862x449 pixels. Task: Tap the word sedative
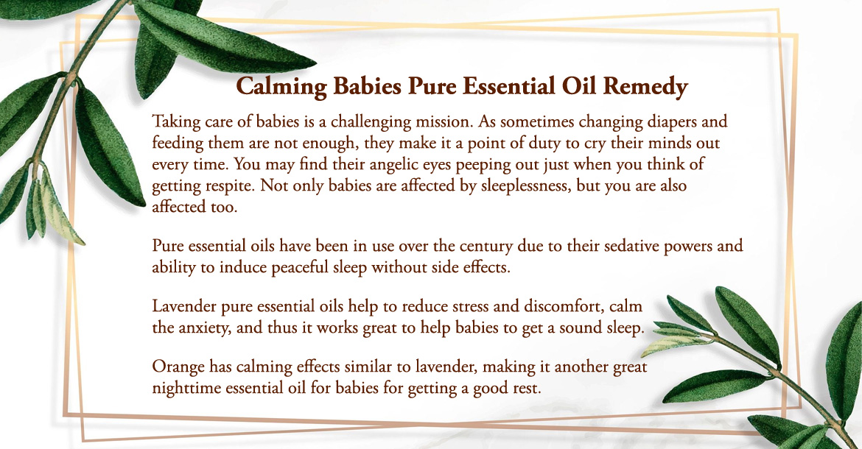[x=631, y=245]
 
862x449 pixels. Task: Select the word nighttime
[x=187, y=388]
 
